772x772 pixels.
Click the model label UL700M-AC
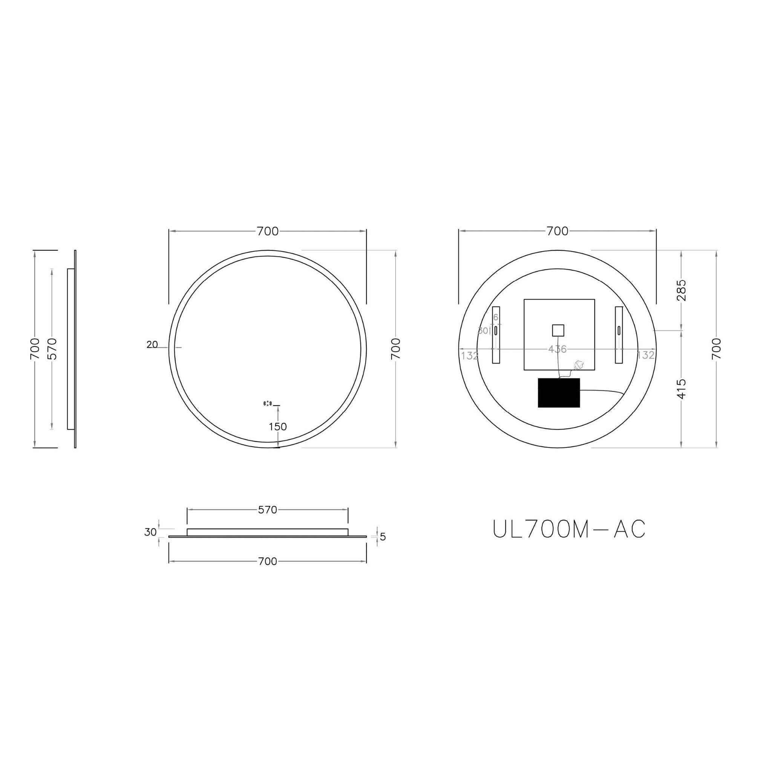pyautogui.click(x=568, y=530)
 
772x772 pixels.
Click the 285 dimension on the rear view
pyautogui.click(x=682, y=290)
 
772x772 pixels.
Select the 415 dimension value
pyautogui.click(x=682, y=389)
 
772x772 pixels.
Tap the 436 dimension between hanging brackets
pyautogui.click(x=557, y=349)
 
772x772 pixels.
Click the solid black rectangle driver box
pyautogui.click(x=559, y=393)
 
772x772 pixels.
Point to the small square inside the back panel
pyautogui.click(x=558, y=331)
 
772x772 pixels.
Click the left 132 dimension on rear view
pyautogui.click(x=470, y=355)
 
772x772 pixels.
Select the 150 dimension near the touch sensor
pyautogui.click(x=278, y=427)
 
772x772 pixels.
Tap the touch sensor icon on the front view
pyautogui.click(x=267, y=404)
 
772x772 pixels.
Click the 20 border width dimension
pyautogui.click(x=152, y=345)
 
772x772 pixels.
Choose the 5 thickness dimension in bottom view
pyautogui.click(x=383, y=537)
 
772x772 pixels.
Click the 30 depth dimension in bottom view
pyautogui.click(x=150, y=532)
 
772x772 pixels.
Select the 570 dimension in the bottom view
pyautogui.click(x=267, y=510)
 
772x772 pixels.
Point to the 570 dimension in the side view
pyautogui.click(x=52, y=349)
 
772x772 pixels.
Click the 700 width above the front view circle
pyautogui.click(x=267, y=231)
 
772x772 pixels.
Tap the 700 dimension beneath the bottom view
pyautogui.click(x=267, y=561)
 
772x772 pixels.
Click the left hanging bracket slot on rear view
pyautogui.click(x=495, y=331)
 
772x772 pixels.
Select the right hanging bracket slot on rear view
pyautogui.click(x=619, y=331)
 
